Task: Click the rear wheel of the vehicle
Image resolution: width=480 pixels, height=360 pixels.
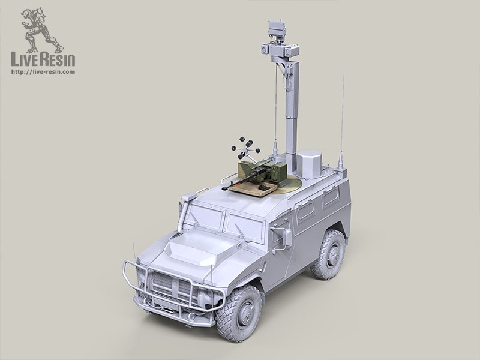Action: (x=329, y=254)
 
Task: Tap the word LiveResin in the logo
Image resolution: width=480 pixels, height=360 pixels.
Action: (x=43, y=59)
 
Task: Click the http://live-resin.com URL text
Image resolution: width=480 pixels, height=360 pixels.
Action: (x=43, y=72)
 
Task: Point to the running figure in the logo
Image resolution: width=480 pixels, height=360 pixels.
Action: (x=41, y=29)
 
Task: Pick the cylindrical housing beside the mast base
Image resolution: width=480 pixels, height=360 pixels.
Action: (x=308, y=164)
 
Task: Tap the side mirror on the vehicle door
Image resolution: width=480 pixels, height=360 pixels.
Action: (x=287, y=238)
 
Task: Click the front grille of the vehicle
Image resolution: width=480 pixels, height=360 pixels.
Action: (x=172, y=287)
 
